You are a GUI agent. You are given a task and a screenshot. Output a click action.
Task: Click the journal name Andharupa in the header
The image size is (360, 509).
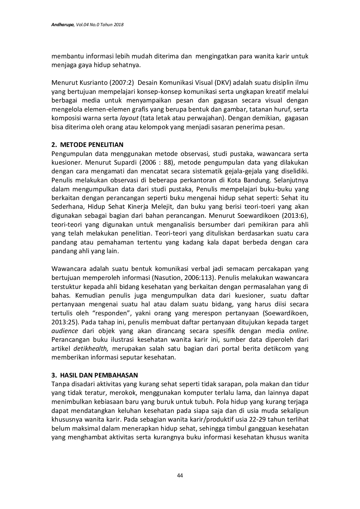click(x=62, y=25)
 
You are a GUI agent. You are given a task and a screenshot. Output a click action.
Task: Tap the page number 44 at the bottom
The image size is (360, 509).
click(x=180, y=475)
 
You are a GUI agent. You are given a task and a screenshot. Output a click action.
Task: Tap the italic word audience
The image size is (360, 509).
click(x=64, y=331)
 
